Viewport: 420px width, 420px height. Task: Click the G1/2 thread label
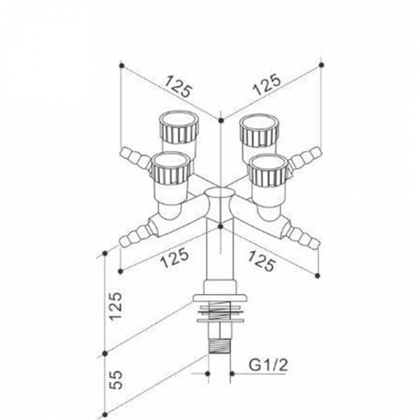point(268,365)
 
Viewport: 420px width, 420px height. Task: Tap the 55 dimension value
point(116,380)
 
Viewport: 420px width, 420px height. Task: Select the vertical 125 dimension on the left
point(115,306)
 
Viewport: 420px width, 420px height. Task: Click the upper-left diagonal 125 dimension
point(178,86)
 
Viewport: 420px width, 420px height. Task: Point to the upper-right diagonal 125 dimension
point(267,85)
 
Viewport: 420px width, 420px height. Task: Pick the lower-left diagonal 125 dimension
point(174,258)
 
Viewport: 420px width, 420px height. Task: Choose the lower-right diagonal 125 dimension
point(262,261)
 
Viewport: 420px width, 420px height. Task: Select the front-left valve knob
point(172,168)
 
